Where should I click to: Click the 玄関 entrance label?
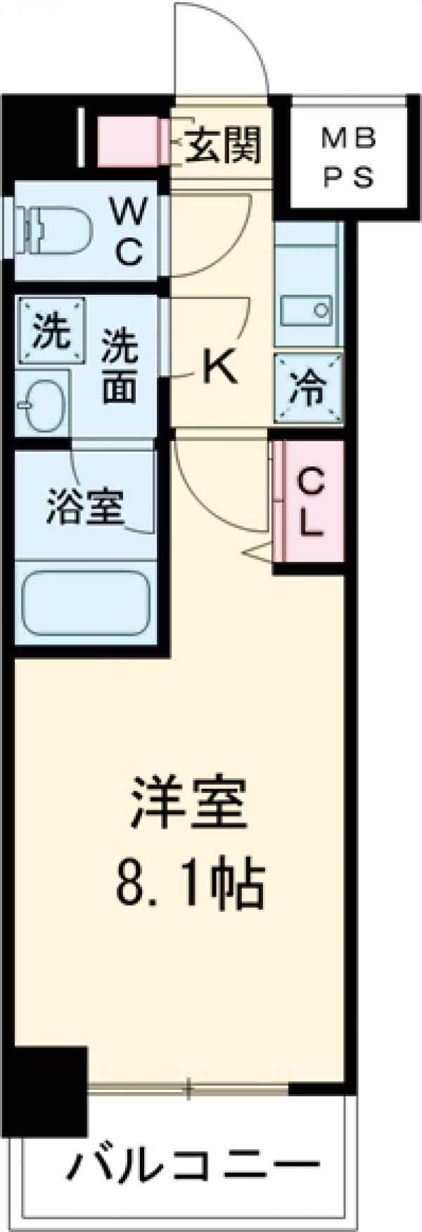click(x=223, y=145)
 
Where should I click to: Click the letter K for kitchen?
click(x=219, y=367)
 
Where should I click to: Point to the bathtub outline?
click(x=87, y=602)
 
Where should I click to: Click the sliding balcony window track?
click(x=188, y=1091)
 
